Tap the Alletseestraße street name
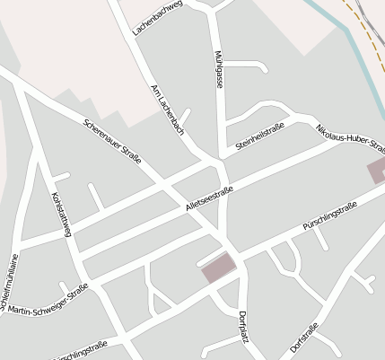pos(209,195)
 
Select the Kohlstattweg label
pos(61,215)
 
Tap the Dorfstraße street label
pos(304,336)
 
